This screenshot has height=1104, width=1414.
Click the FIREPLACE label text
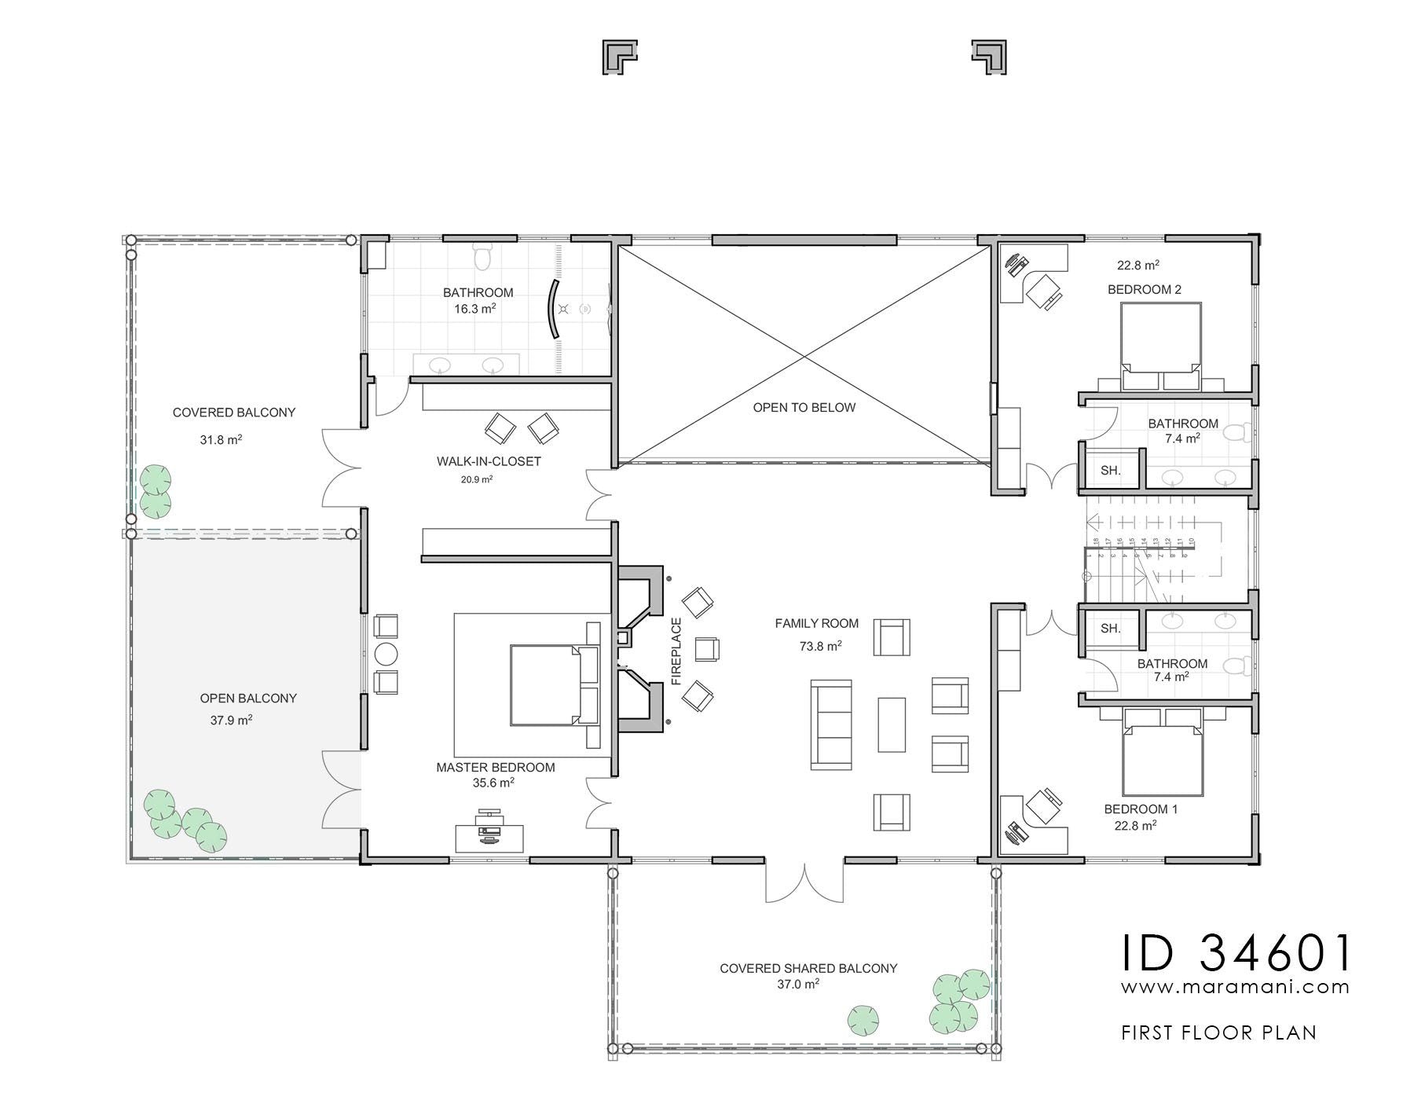click(676, 651)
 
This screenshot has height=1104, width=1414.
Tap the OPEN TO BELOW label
click(804, 408)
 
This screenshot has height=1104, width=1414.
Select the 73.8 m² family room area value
click(821, 646)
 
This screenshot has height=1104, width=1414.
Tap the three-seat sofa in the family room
click(831, 724)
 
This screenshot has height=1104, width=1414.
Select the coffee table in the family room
click(892, 724)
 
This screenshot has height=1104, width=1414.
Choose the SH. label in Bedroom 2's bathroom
click(1110, 471)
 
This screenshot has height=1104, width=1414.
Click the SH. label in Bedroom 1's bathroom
click(1110, 629)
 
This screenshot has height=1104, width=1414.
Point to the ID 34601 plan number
click(1236, 952)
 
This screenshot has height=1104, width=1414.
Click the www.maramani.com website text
click(1236, 987)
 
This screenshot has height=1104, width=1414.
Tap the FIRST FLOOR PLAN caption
click(1218, 1032)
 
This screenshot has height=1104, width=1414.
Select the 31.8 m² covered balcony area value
click(221, 440)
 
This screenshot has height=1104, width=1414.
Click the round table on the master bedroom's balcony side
click(386, 654)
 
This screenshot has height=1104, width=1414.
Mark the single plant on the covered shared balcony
click(863, 1020)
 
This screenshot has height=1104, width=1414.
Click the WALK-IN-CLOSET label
click(489, 461)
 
